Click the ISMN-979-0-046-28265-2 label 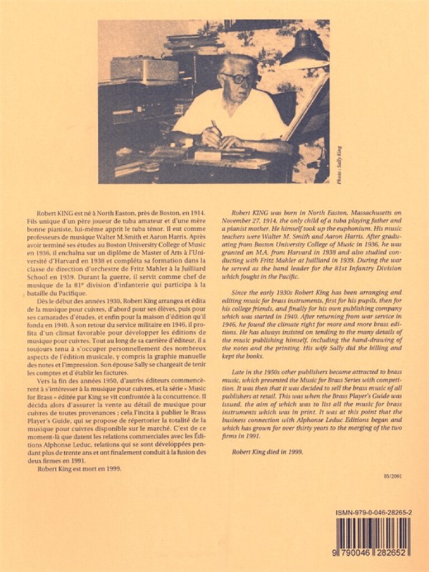(374, 512)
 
